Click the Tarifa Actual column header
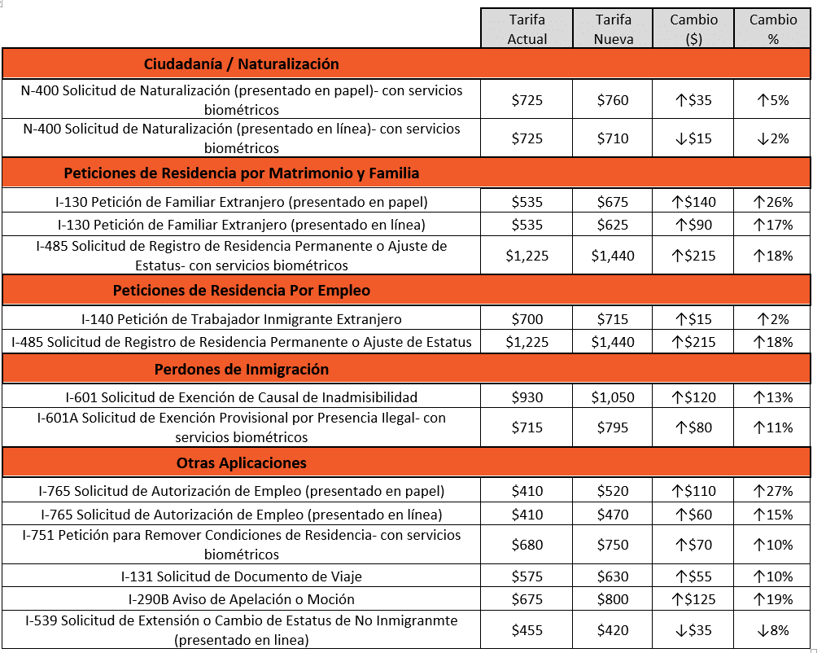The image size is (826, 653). tap(527, 28)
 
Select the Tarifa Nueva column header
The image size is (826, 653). tap(613, 28)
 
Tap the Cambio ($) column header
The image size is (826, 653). tap(693, 28)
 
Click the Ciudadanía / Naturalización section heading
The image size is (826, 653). tap(241, 64)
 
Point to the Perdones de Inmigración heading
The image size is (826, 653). tap(241, 370)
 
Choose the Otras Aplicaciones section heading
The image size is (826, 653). tap(241, 463)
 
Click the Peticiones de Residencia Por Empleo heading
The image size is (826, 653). tap(241, 291)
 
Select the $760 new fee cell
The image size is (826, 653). tap(613, 101)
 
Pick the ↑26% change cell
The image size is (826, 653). tap(773, 202)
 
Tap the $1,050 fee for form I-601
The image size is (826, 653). tap(613, 397)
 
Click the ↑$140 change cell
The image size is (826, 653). tap(693, 202)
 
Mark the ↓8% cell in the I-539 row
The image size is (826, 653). tap(773, 629)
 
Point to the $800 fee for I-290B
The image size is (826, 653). tap(613, 599)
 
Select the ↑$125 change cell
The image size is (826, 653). tap(693, 599)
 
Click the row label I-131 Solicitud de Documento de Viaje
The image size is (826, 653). tap(241, 576)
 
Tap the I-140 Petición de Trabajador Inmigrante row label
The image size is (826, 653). tap(241, 319)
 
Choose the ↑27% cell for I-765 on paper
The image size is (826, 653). tap(773, 491)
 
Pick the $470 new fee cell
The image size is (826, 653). tap(613, 515)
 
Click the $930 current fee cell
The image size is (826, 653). tap(527, 397)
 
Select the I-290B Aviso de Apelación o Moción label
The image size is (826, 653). tap(241, 599)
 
